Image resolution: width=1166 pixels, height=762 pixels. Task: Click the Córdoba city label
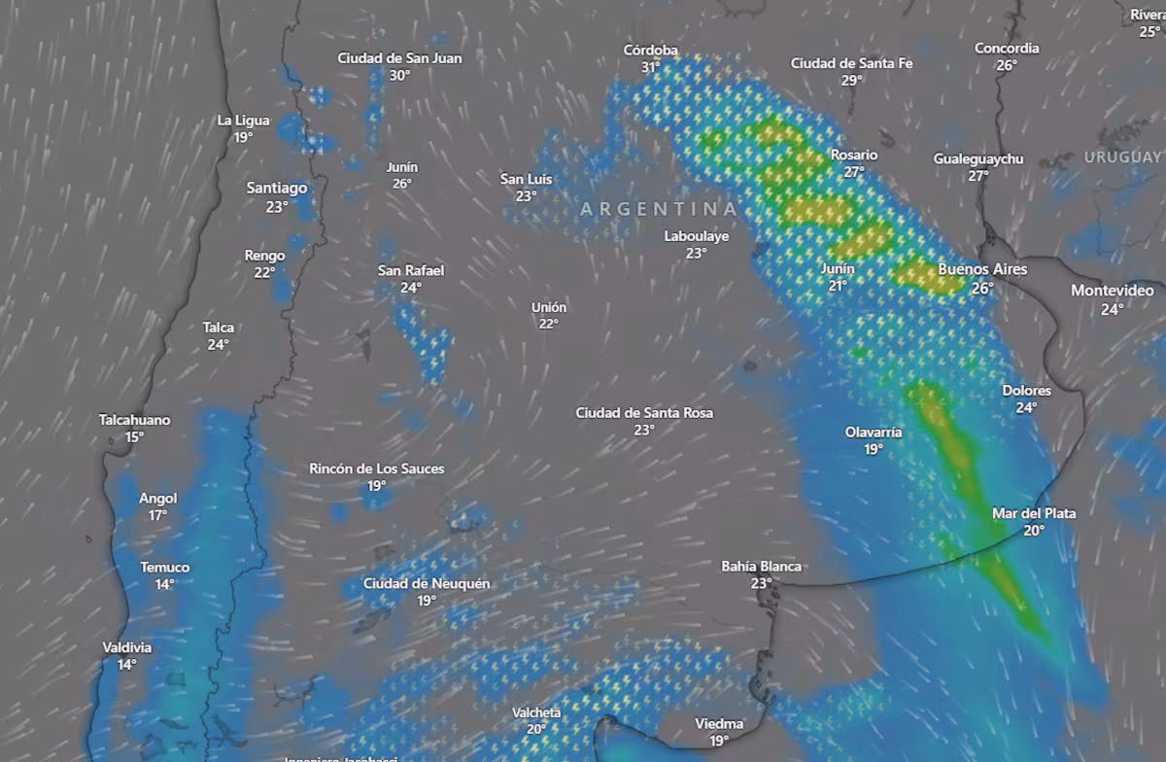coord(651,51)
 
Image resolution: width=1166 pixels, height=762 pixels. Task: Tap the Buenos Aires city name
coord(981,269)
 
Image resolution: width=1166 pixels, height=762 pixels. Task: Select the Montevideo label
coord(1112,291)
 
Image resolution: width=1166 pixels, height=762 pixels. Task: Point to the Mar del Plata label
coord(1033,513)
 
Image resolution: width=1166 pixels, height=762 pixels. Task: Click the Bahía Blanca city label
coord(761,566)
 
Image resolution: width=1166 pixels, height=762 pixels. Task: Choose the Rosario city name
coord(853,155)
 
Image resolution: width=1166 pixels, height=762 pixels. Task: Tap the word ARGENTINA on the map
coord(659,209)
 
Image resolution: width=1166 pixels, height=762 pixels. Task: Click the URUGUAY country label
coord(1122,156)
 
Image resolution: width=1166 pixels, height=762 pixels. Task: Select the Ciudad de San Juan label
coord(399,58)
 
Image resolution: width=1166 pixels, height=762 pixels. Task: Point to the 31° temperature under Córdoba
coord(650,68)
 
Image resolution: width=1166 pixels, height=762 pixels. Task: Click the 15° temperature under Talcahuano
coord(134,437)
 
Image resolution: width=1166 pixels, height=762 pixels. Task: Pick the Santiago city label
coord(277,188)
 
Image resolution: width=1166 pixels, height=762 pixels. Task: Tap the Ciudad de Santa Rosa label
coord(644,413)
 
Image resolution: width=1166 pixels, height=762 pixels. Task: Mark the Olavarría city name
coord(874,432)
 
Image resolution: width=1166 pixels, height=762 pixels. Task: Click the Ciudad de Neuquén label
coord(426,583)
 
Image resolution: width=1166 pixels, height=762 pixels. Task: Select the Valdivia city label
coord(126,647)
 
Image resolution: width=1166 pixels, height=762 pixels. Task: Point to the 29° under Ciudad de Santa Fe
coord(852,81)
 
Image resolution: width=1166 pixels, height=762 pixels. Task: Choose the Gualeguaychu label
coord(978,158)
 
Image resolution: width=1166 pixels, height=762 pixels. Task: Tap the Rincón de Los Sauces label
coord(376,468)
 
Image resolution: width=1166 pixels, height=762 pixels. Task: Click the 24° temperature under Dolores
coord(1026,408)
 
